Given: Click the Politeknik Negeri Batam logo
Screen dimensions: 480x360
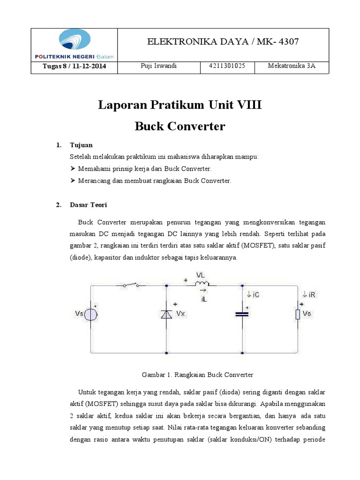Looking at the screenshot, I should (74, 45).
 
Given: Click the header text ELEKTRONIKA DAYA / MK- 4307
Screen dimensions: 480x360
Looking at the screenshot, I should (223, 42).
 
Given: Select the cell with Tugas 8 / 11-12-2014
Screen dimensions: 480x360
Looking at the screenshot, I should (74, 66).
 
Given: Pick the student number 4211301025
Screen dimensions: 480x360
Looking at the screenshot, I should (227, 66).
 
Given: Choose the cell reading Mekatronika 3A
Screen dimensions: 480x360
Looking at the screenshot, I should (292, 66).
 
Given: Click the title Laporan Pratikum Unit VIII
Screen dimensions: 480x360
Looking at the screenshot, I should (180, 105).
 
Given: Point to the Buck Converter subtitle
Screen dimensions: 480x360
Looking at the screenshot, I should (180, 126).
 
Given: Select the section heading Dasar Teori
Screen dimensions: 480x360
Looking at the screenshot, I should (88, 205).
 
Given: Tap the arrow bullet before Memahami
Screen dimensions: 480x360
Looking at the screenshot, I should (73, 168).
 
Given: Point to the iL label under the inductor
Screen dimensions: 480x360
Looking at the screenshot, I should (203, 299).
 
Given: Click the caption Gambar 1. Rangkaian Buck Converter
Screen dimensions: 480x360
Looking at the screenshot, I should (197, 375).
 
